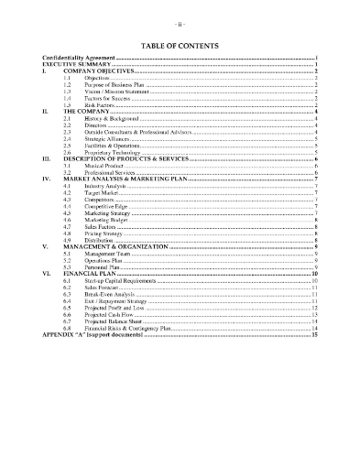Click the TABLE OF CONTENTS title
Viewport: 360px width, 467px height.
click(180, 43)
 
